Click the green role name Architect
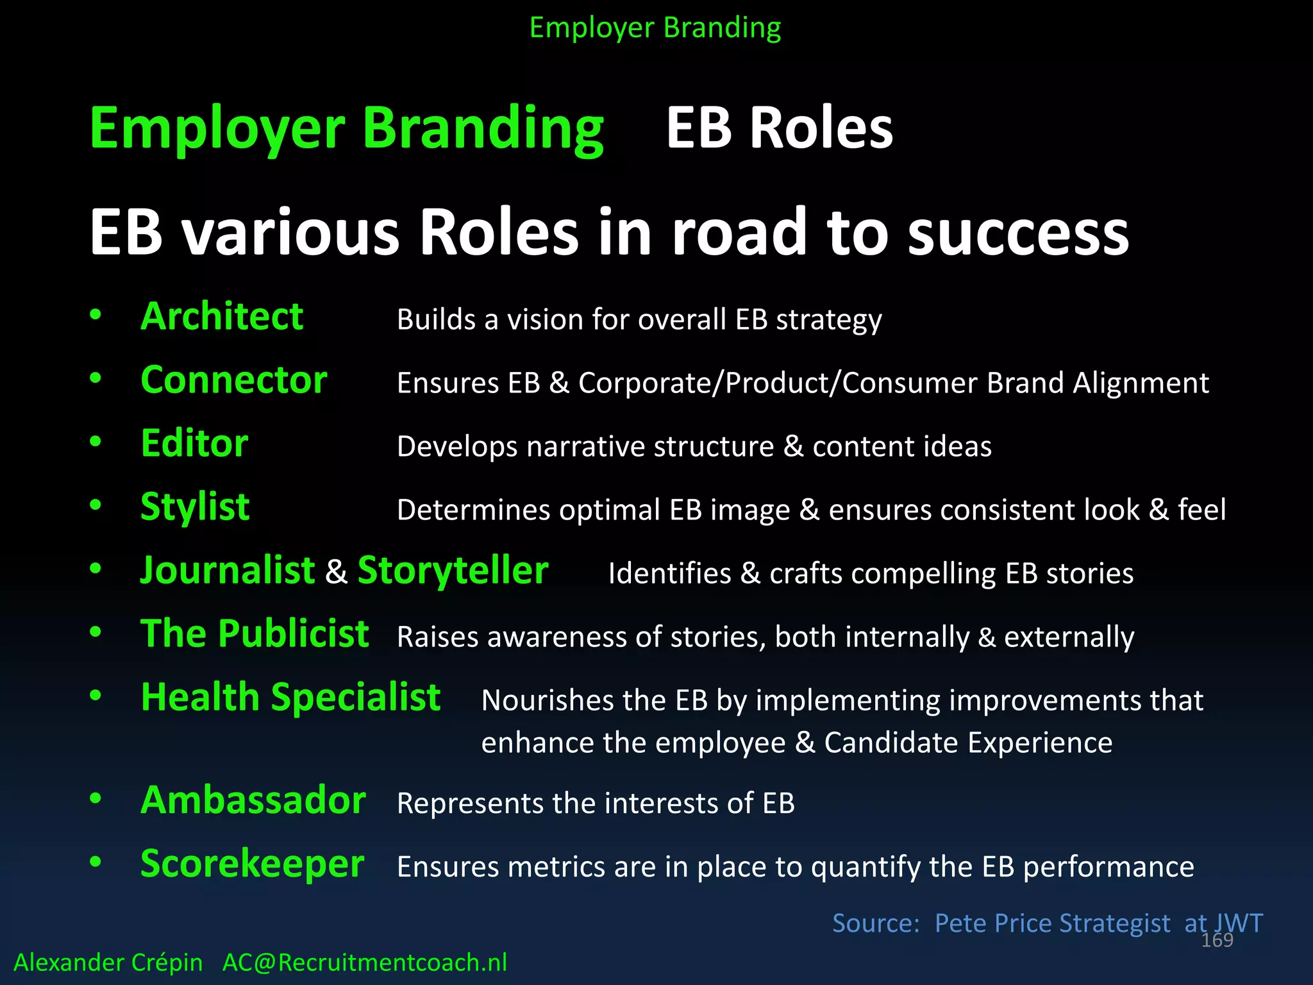(222, 317)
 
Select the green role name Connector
(234, 380)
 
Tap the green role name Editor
(194, 444)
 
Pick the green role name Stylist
(195, 507)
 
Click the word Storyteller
(453, 571)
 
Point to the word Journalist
(228, 571)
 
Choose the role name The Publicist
(255, 634)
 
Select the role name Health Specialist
(290, 698)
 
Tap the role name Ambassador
(253, 801)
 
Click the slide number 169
(1217, 940)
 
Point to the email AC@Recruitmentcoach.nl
(364, 963)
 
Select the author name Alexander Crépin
(108, 963)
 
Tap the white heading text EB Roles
(779, 128)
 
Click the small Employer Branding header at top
(655, 28)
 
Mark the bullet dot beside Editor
(96, 442)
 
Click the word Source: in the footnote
(876, 923)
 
